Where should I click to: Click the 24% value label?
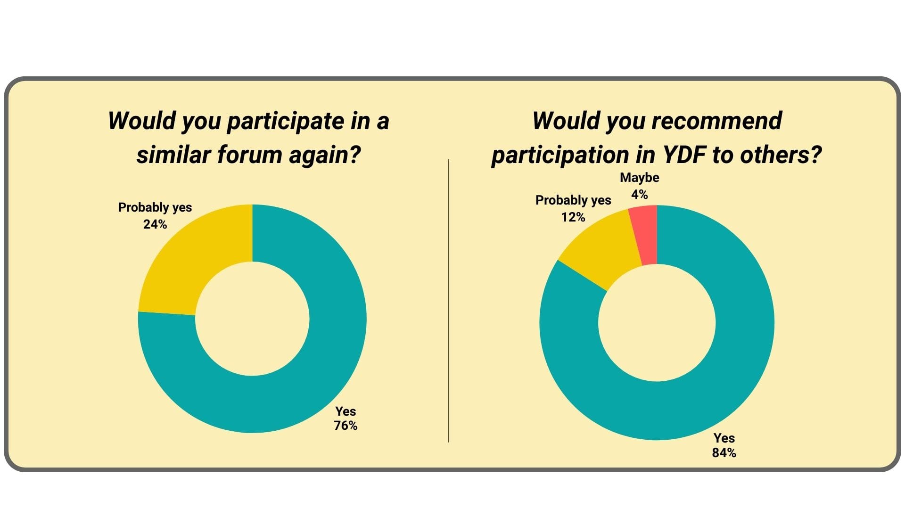pyautogui.click(x=155, y=224)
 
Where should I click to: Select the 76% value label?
pyautogui.click(x=346, y=426)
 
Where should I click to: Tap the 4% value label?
pyautogui.click(x=640, y=194)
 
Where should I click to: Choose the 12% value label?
pyautogui.click(x=573, y=217)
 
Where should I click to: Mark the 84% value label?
pyautogui.click(x=724, y=452)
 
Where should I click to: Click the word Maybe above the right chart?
pyautogui.click(x=640, y=178)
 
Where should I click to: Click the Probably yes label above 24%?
pyautogui.click(x=155, y=207)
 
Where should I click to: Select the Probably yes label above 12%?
pyautogui.click(x=573, y=200)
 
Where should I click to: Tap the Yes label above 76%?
pyautogui.click(x=346, y=411)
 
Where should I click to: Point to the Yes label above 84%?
pyautogui.click(x=724, y=438)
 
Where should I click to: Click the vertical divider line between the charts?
pyautogui.click(x=449, y=301)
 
